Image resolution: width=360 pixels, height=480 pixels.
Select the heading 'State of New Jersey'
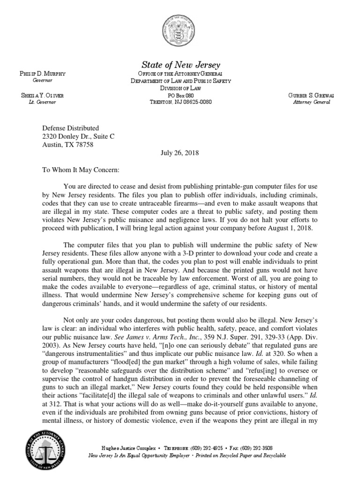tap(180, 65)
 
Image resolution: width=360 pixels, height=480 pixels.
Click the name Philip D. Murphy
tap(42, 74)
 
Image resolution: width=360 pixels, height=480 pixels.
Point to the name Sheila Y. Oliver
tap(42, 96)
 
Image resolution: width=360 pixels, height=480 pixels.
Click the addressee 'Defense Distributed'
tap(71, 128)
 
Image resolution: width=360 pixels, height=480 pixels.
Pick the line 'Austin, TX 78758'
tap(68, 145)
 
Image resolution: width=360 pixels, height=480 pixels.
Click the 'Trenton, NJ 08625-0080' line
tap(180, 102)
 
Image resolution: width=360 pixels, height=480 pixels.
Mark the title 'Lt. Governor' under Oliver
tap(42, 102)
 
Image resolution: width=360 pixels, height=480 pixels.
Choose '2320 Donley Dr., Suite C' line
tap(78, 136)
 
